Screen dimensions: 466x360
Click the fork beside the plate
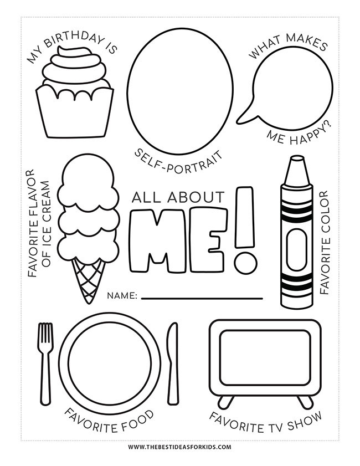point(45,360)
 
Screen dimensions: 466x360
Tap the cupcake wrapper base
point(74,114)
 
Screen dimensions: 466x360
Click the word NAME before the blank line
point(122,296)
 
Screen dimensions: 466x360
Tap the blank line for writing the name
point(202,298)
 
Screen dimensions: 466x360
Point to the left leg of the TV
point(224,401)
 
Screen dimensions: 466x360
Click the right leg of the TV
point(304,401)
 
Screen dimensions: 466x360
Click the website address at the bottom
point(180,447)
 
